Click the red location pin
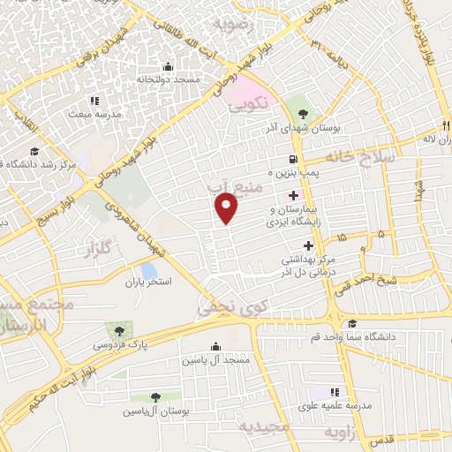[227, 208]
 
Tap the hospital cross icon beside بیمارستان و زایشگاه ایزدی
[293, 194]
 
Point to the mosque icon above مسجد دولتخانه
[169, 66]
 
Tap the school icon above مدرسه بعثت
[94, 101]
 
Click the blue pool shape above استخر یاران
[149, 269]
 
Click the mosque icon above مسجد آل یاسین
[215, 347]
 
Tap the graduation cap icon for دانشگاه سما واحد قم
[352, 324]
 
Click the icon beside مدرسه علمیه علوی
[335, 392]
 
